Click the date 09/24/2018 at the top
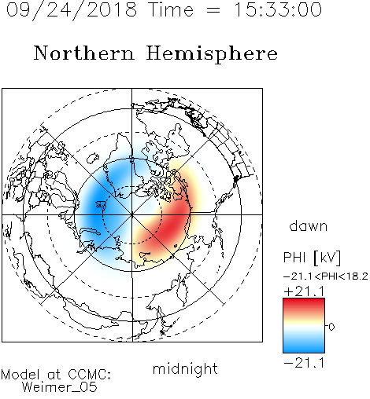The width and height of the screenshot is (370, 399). [72, 10]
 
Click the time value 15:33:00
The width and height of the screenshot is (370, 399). [278, 10]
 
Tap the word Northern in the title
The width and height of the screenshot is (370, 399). [84, 53]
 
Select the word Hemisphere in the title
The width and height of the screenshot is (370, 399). [212, 54]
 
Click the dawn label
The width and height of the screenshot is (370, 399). [309, 225]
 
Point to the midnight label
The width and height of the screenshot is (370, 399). [185, 368]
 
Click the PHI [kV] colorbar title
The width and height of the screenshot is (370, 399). [312, 258]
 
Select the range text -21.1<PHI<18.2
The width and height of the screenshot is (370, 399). [326, 276]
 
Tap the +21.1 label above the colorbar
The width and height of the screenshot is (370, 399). [304, 291]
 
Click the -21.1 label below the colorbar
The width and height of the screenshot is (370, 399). [304, 363]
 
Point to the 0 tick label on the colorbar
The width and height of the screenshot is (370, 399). [331, 327]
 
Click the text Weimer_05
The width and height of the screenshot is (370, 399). [60, 387]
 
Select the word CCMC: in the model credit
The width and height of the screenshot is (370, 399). [90, 375]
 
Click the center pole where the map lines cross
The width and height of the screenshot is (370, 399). [132, 214]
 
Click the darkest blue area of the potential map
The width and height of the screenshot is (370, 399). [97, 207]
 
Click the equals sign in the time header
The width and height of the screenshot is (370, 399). [213, 10]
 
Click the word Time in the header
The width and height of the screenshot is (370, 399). [171, 10]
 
